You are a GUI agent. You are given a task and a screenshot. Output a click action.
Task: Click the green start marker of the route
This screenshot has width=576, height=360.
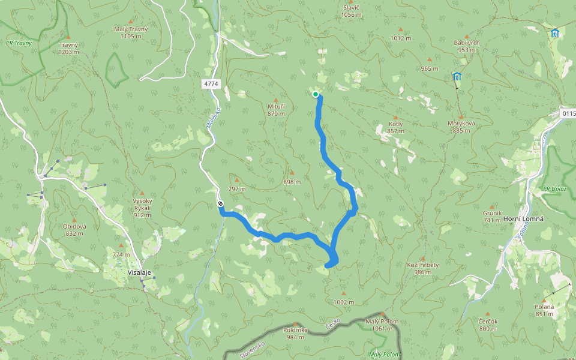[316, 94]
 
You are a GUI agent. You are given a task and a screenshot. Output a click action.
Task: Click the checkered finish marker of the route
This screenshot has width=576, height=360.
[221, 205]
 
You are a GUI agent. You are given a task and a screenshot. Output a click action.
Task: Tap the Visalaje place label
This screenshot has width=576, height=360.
[139, 272]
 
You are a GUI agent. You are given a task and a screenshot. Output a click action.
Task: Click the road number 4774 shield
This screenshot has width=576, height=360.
[211, 85]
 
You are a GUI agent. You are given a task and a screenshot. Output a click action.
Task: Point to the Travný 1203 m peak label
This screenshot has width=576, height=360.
[68, 49]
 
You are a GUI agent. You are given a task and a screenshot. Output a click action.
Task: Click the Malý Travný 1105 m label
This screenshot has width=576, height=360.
[130, 32]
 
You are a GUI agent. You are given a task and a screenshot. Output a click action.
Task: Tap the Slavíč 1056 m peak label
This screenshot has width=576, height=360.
[350, 11]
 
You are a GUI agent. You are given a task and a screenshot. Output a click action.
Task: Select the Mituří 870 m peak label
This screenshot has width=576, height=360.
[276, 109]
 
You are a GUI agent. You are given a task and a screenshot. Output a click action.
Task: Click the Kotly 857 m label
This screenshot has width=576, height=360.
[395, 127]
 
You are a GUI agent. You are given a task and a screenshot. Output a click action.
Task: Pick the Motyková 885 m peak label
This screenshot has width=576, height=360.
[461, 127]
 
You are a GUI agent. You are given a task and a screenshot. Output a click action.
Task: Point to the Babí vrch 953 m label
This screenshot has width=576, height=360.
[466, 46]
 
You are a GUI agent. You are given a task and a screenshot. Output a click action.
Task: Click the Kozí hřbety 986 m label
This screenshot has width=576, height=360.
[423, 268]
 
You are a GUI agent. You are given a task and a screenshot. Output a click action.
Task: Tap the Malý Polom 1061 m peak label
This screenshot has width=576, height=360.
[382, 325]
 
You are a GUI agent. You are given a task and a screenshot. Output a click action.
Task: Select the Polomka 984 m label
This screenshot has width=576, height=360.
[295, 333]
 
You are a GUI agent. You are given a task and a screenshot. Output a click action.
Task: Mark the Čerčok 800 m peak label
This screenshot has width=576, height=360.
[488, 325]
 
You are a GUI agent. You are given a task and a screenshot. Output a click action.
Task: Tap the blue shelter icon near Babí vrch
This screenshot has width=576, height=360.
[457, 76]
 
